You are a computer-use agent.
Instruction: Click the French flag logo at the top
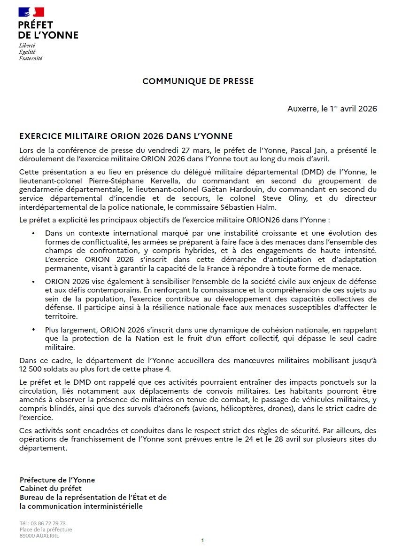pyautogui.click(x=31, y=12)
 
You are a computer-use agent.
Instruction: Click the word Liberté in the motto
pyautogui.click(x=27, y=46)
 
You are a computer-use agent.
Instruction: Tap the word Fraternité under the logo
pyautogui.click(x=31, y=58)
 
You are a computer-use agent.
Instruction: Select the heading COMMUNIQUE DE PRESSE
pyautogui.click(x=198, y=81)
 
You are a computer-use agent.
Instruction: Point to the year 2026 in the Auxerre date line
pyautogui.click(x=367, y=109)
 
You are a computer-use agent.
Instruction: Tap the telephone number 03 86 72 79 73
pyautogui.click(x=48, y=523)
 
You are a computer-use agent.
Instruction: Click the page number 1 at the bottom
pyautogui.click(x=202, y=540)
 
